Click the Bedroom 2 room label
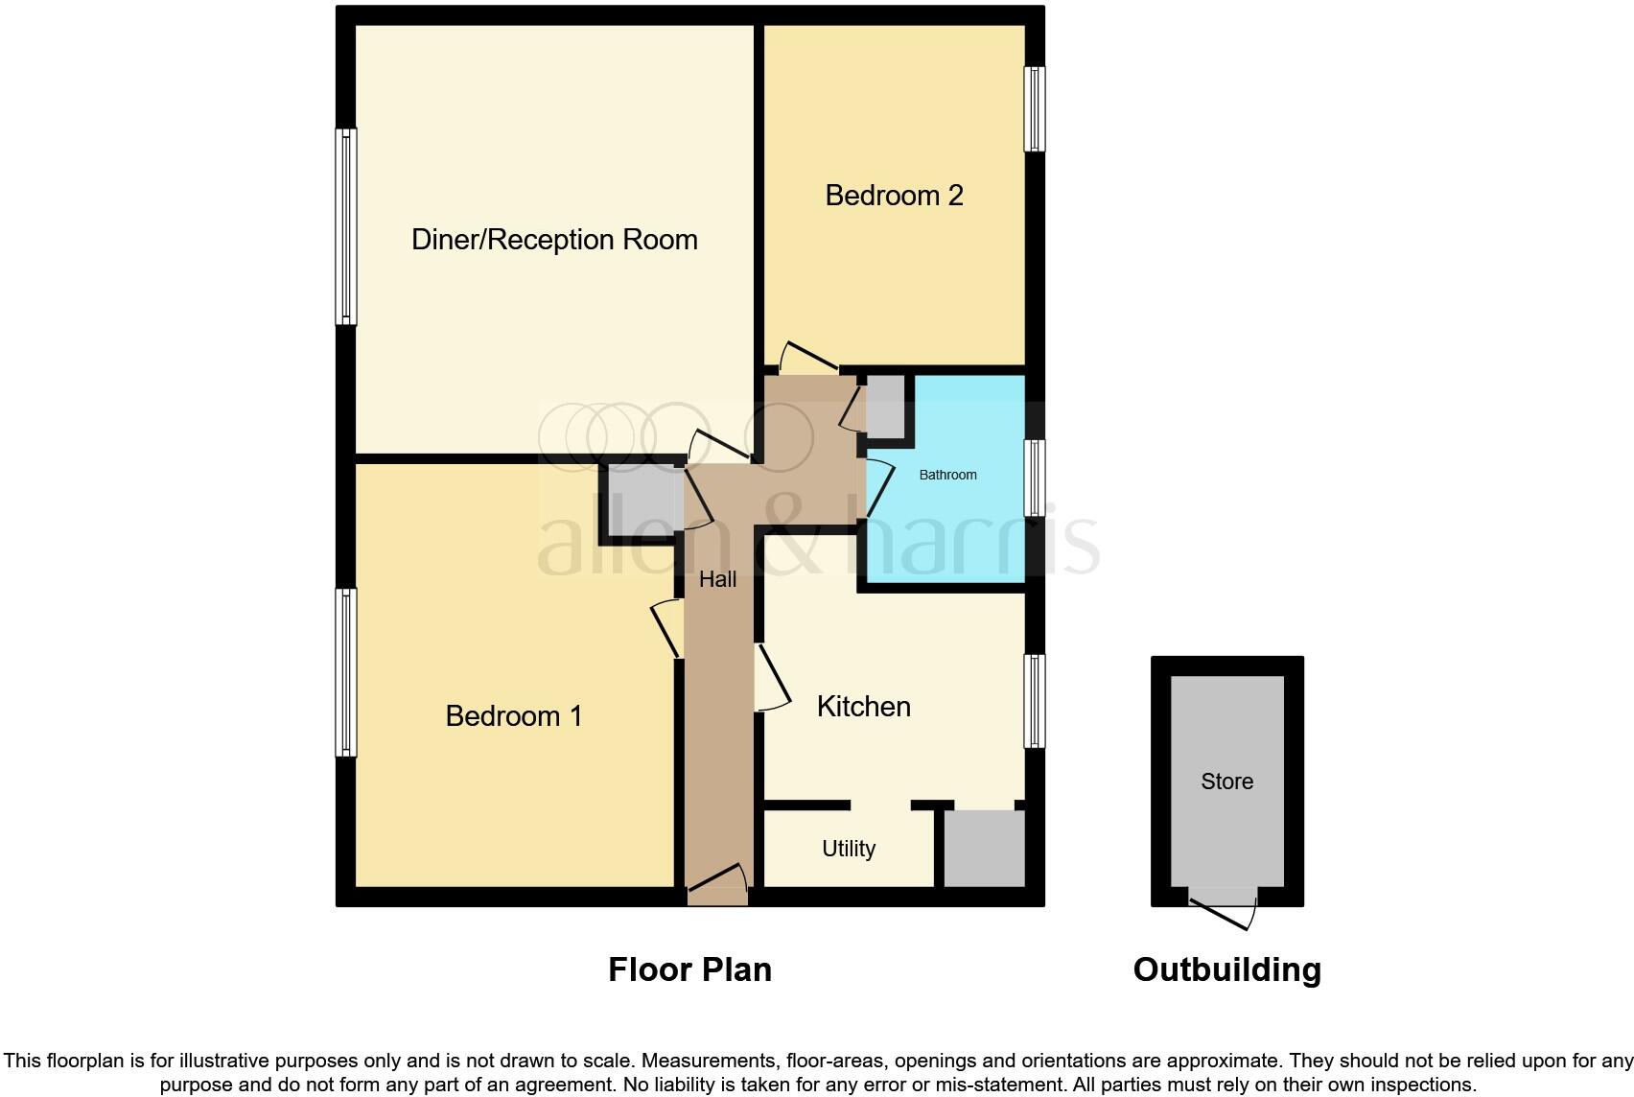point(894,196)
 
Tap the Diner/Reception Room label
point(554,240)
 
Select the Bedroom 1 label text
point(514,716)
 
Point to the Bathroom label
point(947,475)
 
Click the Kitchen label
point(863,707)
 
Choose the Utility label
point(849,849)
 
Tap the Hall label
point(717,579)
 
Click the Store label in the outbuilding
point(1226,782)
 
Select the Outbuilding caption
point(1226,969)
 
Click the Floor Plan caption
point(689,969)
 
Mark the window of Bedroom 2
point(1034,108)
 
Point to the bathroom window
point(1034,478)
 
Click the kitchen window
point(1034,701)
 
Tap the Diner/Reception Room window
point(346,227)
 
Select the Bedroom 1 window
point(346,672)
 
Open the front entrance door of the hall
point(717,886)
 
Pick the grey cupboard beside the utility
point(985,849)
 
